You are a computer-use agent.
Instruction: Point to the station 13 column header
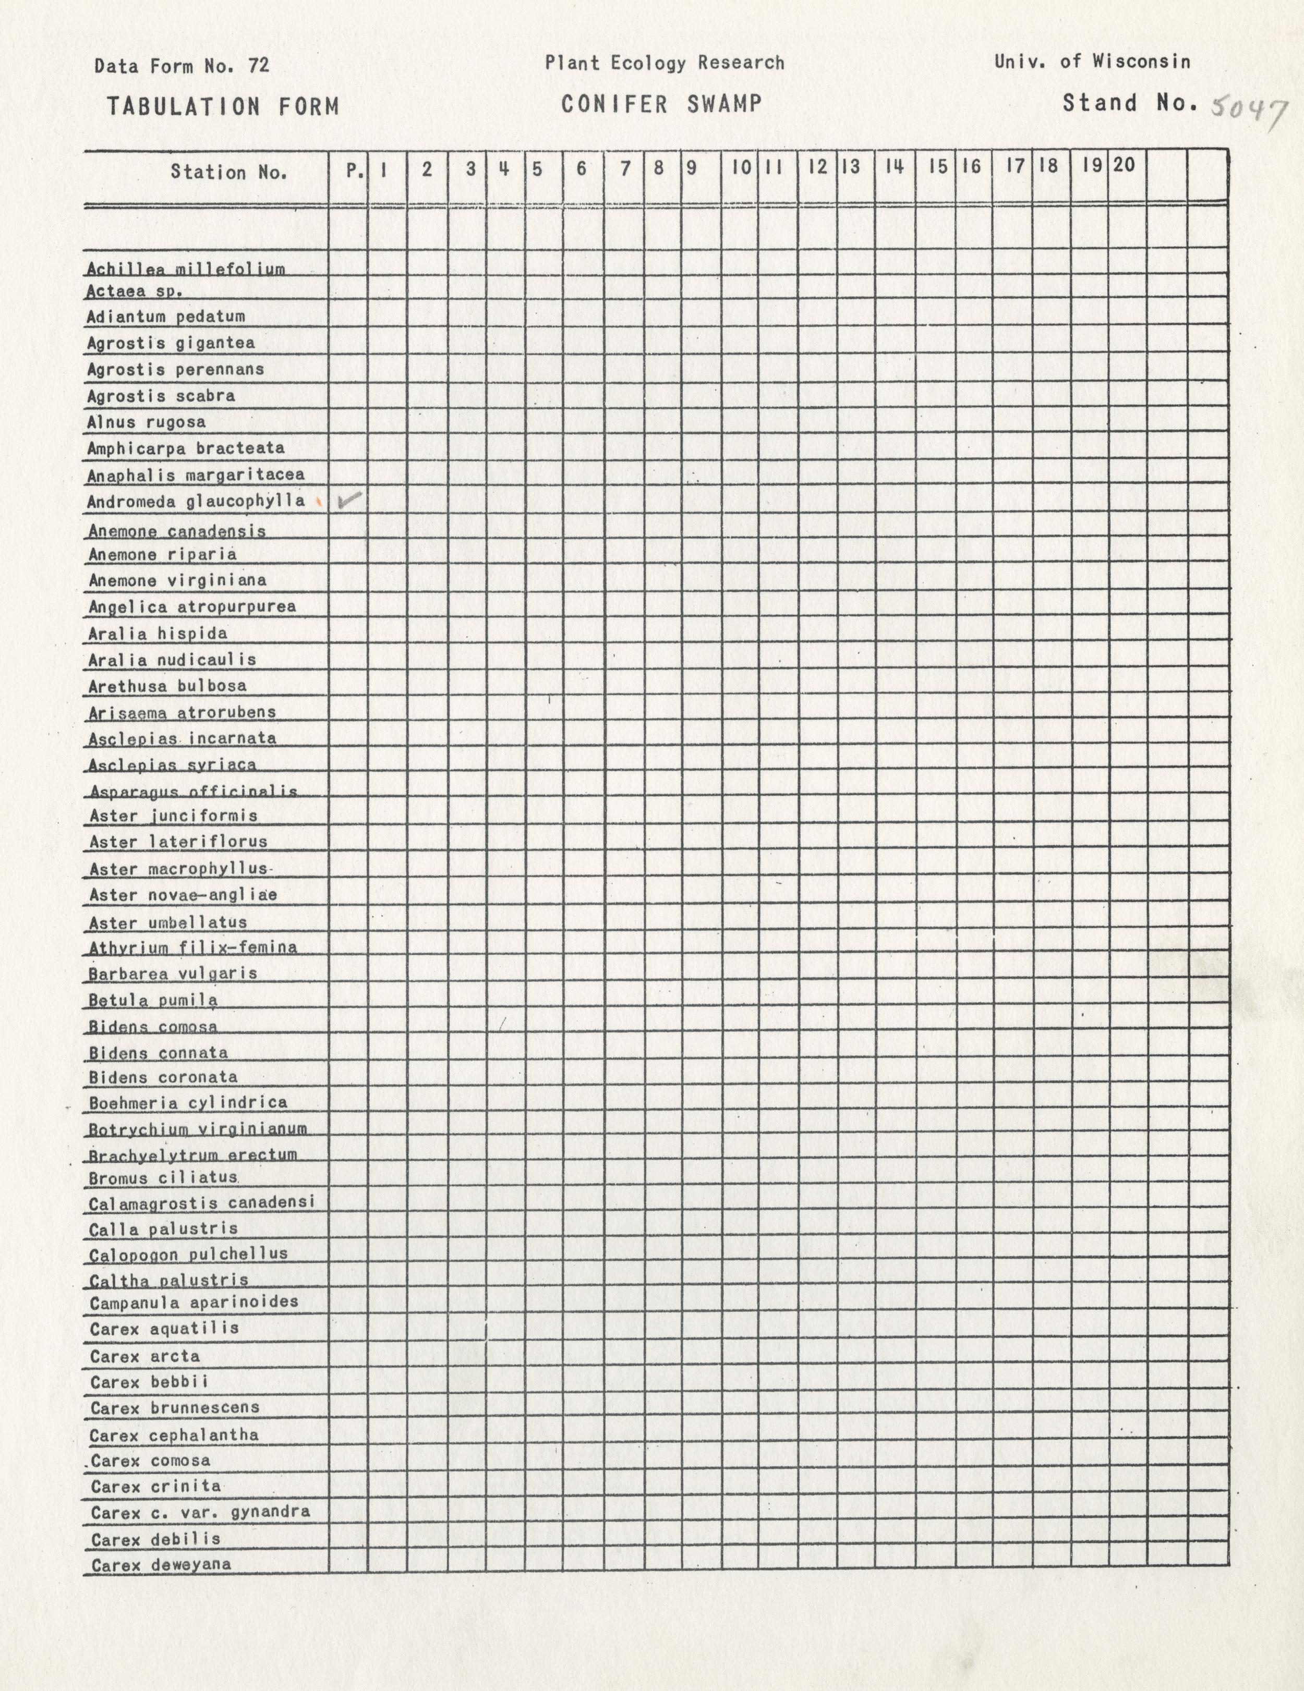point(851,166)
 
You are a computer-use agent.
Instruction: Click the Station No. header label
point(228,172)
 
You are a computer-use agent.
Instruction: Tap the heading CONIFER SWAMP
point(661,104)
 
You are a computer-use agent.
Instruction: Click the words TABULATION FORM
point(223,106)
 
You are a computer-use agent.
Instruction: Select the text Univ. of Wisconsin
point(1092,61)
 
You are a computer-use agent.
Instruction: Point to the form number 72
point(259,66)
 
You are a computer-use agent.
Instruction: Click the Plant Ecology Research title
point(665,63)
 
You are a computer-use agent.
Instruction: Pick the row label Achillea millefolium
point(186,269)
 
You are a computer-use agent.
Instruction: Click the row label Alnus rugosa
point(147,422)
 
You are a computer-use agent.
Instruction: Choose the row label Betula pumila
point(152,1000)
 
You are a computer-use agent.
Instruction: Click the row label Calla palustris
point(163,1229)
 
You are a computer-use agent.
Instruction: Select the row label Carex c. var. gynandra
point(200,1512)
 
